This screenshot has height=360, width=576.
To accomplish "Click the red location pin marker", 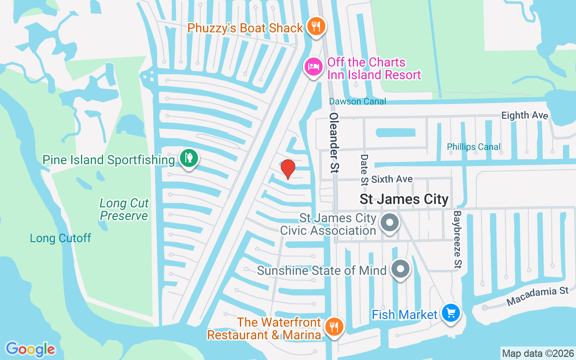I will point(288,169).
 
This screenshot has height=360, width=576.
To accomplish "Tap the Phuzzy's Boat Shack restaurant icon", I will point(316,27).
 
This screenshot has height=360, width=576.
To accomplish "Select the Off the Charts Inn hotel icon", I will point(313,67).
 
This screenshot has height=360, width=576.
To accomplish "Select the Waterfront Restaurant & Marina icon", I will point(333,327).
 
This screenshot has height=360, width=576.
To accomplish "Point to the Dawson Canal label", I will point(357,101).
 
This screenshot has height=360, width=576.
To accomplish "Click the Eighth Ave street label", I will point(525,116).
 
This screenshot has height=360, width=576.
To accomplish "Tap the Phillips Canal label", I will point(473,147).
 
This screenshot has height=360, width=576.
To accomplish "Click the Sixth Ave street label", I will point(392,179).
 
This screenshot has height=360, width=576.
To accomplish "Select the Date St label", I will point(364,170).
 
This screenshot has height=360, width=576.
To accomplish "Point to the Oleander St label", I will point(334,143).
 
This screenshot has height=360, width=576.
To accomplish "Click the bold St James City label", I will point(404,199).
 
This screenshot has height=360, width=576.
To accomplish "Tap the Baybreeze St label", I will point(458,239).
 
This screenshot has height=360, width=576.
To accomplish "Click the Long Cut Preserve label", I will point(124,210).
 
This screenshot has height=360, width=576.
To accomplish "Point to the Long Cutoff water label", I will point(60,238).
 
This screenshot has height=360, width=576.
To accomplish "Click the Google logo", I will point(30,349).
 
